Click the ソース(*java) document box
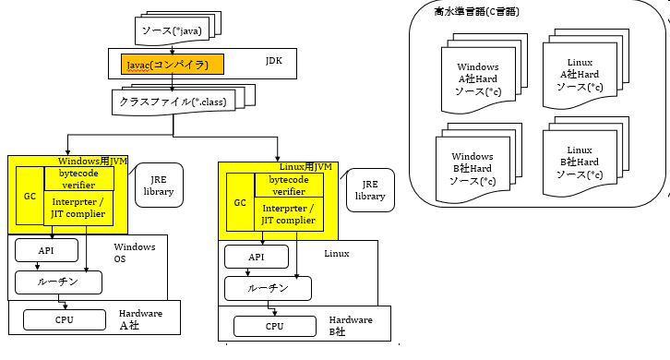tap(170, 31)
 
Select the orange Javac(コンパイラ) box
tap(172, 66)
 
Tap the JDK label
tap(274, 63)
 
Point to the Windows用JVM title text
tap(94, 162)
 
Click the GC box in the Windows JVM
tap(30, 197)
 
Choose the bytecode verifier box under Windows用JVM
tap(78, 179)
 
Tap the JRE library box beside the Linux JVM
tap(369, 190)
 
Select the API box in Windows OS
tap(45, 251)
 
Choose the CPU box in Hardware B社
tap(274, 326)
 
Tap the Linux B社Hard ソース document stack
tap(579, 162)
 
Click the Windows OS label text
tap(134, 253)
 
